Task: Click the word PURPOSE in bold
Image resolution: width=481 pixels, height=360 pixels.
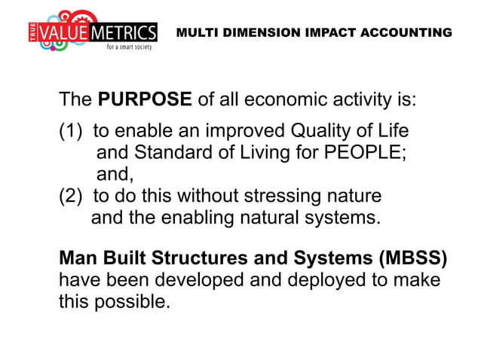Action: [x=145, y=101]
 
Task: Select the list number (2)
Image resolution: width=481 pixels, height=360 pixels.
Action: [x=72, y=197]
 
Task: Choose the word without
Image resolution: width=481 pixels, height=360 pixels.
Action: [x=207, y=197]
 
